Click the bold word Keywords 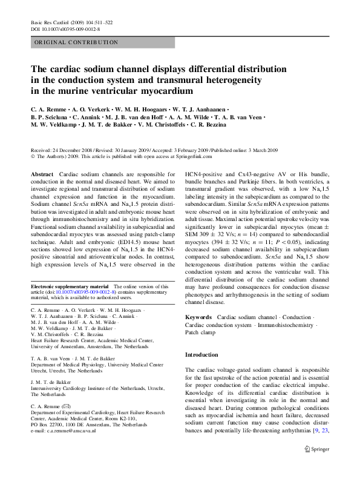[x=198, y=317]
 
